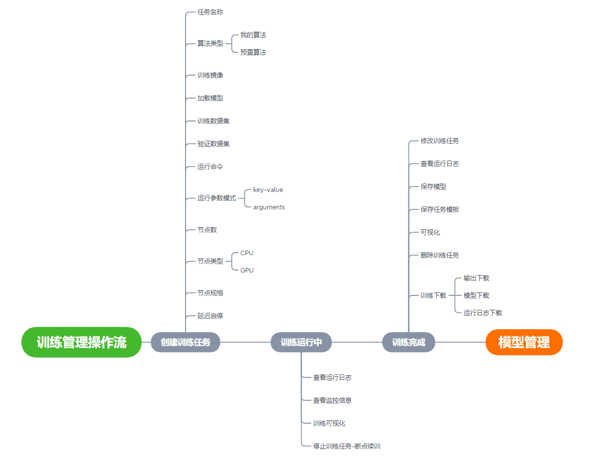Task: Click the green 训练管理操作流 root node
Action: pyautogui.click(x=82, y=342)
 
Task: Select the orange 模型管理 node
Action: pyautogui.click(x=524, y=342)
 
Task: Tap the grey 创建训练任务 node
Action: pyautogui.click(x=186, y=342)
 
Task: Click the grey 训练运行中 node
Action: pyautogui.click(x=301, y=342)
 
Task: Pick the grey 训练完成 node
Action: pyautogui.click(x=408, y=342)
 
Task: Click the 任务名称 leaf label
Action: pyautogui.click(x=210, y=12)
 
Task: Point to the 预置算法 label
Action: pyautogui.click(x=253, y=52)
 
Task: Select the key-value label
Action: pyautogui.click(x=268, y=190)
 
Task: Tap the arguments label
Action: pyautogui.click(x=269, y=207)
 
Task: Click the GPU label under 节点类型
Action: pyautogui.click(x=247, y=271)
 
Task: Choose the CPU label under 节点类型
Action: pyautogui.click(x=247, y=253)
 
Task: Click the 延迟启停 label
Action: pyautogui.click(x=210, y=316)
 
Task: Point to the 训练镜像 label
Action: pyautogui.click(x=210, y=76)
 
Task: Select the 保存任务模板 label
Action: pyautogui.click(x=440, y=209)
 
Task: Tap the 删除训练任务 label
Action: pyautogui.click(x=440, y=255)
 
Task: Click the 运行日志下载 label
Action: pyautogui.click(x=483, y=313)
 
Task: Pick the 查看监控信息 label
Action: pyautogui.click(x=332, y=400)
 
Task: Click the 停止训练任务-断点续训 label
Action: pyautogui.click(x=347, y=446)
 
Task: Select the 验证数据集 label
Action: pyautogui.click(x=213, y=144)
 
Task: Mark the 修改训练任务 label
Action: pyautogui.click(x=440, y=141)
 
